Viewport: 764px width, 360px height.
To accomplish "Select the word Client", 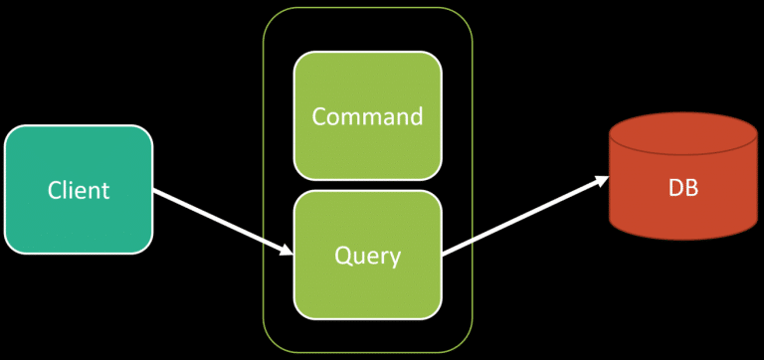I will click(79, 190).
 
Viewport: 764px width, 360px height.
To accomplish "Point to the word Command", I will click(367, 116).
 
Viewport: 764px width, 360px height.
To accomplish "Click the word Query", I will click(367, 256).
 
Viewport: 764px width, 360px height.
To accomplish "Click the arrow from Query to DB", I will click(525, 216).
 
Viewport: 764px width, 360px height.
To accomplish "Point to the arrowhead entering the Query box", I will click(286, 251).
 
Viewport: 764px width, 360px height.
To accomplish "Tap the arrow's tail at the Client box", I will click(156, 191).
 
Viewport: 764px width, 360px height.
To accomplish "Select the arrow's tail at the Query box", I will click(446, 253).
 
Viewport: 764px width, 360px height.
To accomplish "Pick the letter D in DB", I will click(676, 186).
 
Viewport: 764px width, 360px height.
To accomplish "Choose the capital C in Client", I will click(56, 190).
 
